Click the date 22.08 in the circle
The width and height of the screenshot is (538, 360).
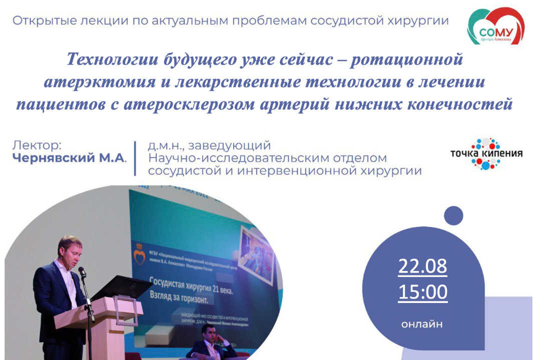(x=422, y=266)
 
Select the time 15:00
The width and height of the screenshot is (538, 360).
(x=422, y=292)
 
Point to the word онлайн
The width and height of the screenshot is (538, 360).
(x=422, y=324)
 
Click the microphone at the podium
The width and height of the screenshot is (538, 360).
(x=82, y=272)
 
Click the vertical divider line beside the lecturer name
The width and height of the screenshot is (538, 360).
(x=135, y=158)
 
